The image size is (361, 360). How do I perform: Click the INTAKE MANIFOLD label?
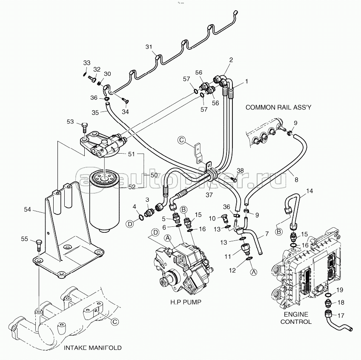point(92,348)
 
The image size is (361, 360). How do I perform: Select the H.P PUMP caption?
point(184,303)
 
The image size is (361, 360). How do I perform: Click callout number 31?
point(149,47)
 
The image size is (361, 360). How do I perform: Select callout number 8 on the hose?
point(296,180)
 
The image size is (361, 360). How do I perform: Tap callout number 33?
point(86,63)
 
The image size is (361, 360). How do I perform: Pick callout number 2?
point(231,60)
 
